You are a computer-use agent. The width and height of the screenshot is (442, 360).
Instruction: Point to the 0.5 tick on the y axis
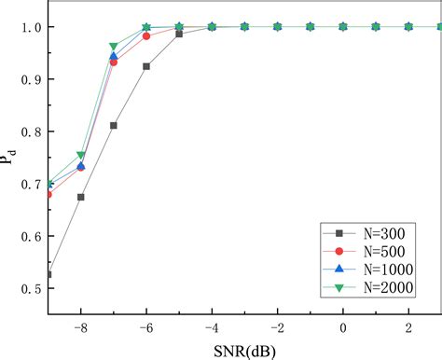[31, 288]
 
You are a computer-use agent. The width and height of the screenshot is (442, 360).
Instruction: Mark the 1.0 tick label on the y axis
[31, 27]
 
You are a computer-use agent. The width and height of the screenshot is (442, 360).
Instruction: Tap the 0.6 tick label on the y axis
[31, 236]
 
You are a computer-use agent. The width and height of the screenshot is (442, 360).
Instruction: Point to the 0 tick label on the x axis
[343, 327]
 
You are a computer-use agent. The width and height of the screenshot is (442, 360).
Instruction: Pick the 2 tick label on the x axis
[408, 327]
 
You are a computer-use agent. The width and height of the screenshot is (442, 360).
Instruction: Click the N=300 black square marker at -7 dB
[114, 125]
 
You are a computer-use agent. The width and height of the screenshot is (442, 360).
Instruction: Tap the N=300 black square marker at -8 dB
[81, 197]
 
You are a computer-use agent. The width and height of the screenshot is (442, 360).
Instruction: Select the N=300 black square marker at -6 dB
[146, 66]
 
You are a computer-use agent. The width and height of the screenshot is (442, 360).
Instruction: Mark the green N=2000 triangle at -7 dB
[114, 47]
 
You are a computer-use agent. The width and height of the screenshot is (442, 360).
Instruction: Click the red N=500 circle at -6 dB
[146, 36]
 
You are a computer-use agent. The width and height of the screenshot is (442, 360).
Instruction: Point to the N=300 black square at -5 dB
[179, 34]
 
